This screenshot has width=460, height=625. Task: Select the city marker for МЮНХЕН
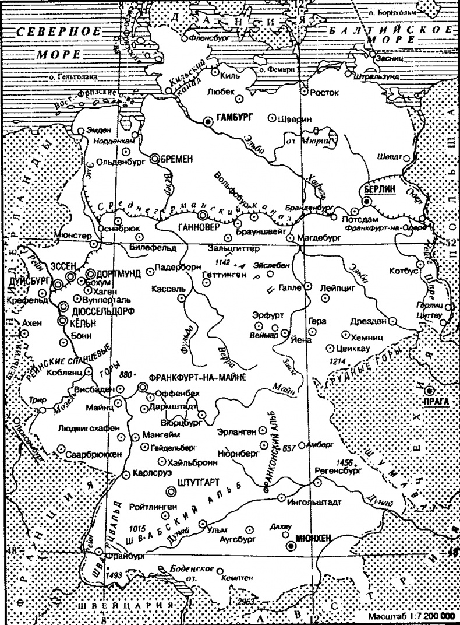[291, 546]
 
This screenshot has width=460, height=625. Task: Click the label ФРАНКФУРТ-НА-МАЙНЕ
[198, 377]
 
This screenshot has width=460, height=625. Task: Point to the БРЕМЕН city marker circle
[155, 158]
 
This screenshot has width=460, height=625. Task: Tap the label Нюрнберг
[237, 451]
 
